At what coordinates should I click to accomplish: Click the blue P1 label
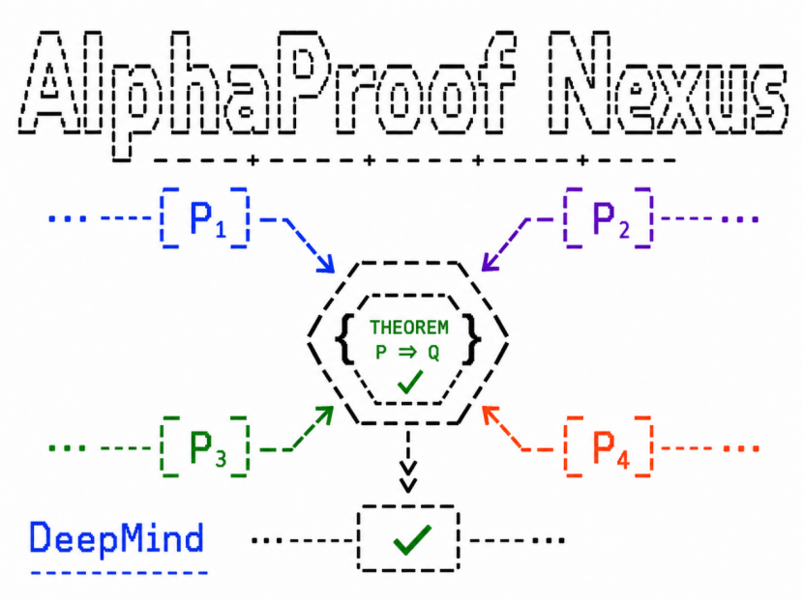click(207, 219)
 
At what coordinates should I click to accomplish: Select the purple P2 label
click(610, 219)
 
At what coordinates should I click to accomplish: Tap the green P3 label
click(207, 448)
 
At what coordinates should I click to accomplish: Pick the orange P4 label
click(610, 448)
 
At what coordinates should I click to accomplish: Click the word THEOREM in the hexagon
click(408, 328)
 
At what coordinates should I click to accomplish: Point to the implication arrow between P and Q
click(408, 353)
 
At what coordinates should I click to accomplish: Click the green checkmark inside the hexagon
click(410, 382)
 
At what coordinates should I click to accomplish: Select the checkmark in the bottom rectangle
click(412, 539)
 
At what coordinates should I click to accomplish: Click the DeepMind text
click(117, 538)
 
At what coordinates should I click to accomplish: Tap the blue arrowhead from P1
click(326, 264)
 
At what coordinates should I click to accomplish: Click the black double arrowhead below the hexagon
click(407, 476)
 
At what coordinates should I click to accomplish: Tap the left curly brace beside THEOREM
click(345, 339)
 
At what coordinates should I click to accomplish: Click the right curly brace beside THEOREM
click(472, 339)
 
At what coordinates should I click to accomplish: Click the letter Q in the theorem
click(433, 353)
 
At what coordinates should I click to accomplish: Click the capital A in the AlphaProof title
click(51, 83)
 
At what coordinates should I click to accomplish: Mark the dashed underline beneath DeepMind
click(119, 573)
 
